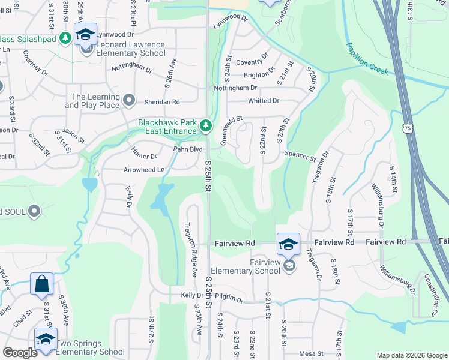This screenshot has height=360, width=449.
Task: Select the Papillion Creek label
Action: pyautogui.click(x=367, y=59)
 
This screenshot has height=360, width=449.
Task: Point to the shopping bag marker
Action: pyautogui.click(x=42, y=284)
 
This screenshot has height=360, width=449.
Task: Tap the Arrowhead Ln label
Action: pyautogui.click(x=144, y=170)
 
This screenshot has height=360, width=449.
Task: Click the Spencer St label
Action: pyautogui.click(x=300, y=156)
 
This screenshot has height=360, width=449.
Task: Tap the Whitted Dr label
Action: pyautogui.click(x=264, y=101)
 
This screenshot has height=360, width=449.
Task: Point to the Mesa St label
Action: pyautogui.click(x=311, y=353)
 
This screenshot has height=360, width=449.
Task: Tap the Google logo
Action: pyautogui.click(x=20, y=353)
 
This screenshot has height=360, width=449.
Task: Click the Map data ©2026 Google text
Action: pyautogui.click(x=411, y=355)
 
